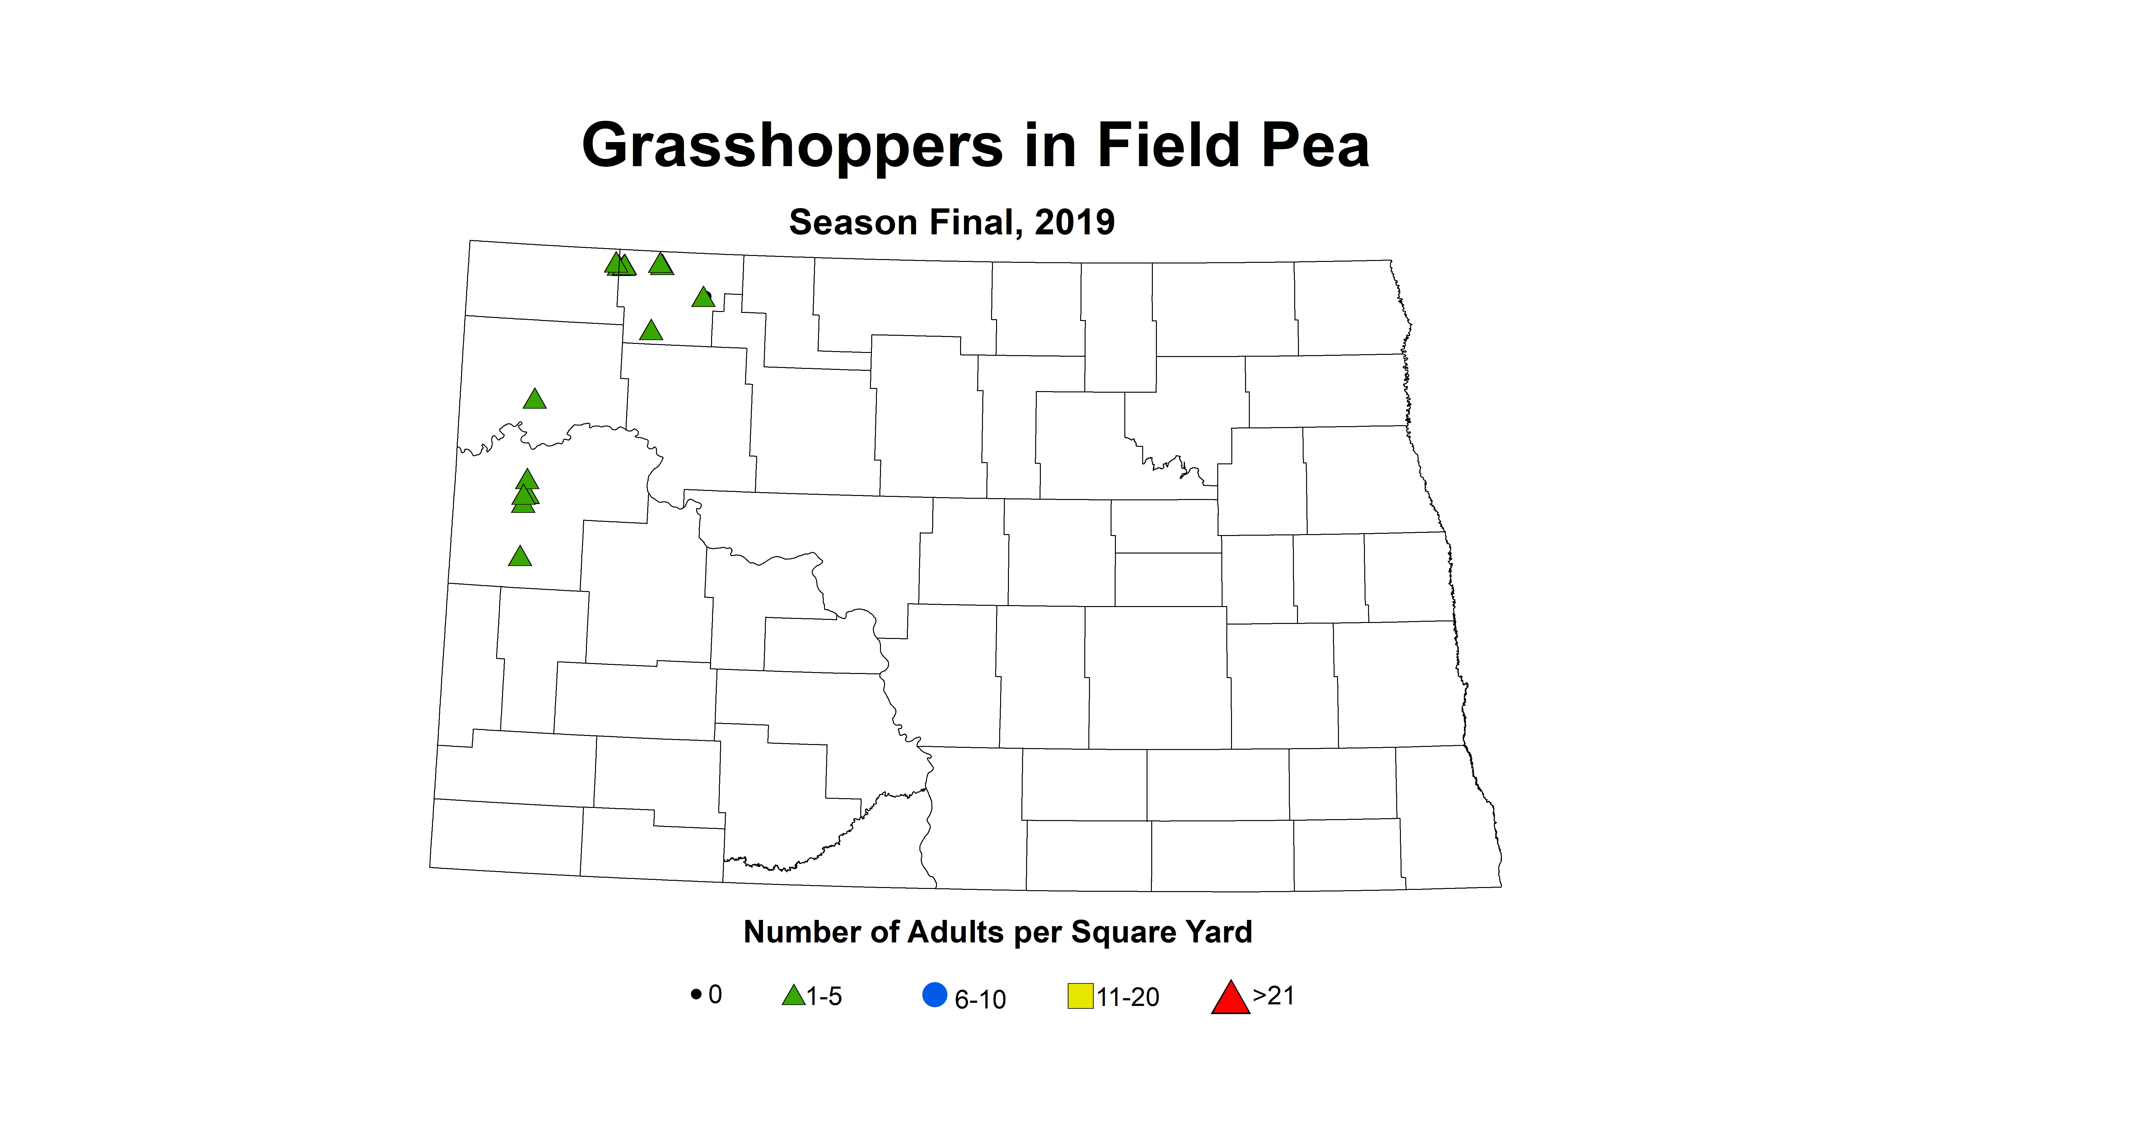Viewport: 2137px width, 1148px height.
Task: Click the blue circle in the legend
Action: tap(935, 995)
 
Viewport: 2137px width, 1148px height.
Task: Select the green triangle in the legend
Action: tap(793, 995)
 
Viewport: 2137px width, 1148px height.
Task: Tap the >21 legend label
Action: tap(1273, 995)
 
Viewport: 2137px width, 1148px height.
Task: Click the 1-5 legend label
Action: tap(825, 996)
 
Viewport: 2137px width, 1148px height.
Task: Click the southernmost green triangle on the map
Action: tap(519, 557)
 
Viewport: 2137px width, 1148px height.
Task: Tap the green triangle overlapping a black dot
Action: tap(703, 297)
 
